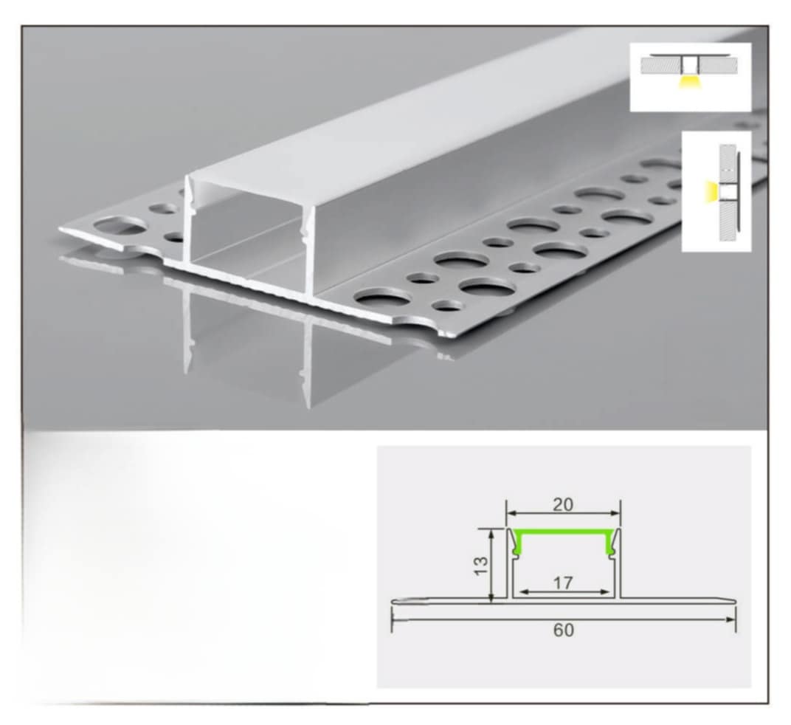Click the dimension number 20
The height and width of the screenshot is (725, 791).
coord(563,504)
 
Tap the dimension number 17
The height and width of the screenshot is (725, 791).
coord(563,583)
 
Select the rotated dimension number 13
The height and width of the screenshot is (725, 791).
coord(481,565)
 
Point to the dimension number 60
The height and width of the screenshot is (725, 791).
coord(564,630)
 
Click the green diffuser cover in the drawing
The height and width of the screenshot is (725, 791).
coord(564,532)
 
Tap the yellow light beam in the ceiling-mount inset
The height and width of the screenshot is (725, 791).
coord(689,82)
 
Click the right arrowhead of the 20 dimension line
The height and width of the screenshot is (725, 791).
coord(615,513)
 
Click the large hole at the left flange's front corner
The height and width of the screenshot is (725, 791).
coord(120,227)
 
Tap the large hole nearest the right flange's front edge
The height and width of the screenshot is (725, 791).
coord(381,298)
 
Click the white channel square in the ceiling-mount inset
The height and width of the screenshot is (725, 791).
coord(690,65)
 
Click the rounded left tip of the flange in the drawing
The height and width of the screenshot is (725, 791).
coord(395,600)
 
